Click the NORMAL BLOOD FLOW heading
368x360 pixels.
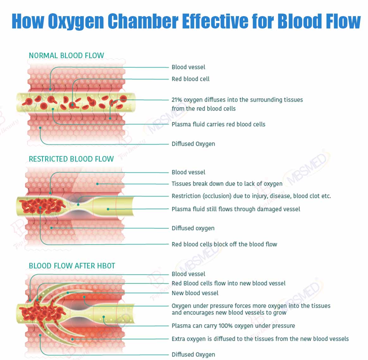66,55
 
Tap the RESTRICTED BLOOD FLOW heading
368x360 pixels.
71,159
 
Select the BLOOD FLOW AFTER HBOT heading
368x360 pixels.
72,266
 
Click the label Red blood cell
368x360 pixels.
191,79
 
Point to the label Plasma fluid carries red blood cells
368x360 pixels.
218,124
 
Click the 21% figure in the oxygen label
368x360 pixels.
177,100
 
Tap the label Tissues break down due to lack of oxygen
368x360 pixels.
227,184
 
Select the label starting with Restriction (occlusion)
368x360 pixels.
251,196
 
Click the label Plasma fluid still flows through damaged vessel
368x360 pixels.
236,209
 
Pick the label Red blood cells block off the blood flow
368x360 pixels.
224,244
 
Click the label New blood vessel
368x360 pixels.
195,293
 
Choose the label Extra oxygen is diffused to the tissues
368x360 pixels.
260,339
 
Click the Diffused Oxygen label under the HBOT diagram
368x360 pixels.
193,354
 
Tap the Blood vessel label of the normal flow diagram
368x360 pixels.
188,67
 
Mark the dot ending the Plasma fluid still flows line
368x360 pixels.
108,209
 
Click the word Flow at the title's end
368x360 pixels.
343,21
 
